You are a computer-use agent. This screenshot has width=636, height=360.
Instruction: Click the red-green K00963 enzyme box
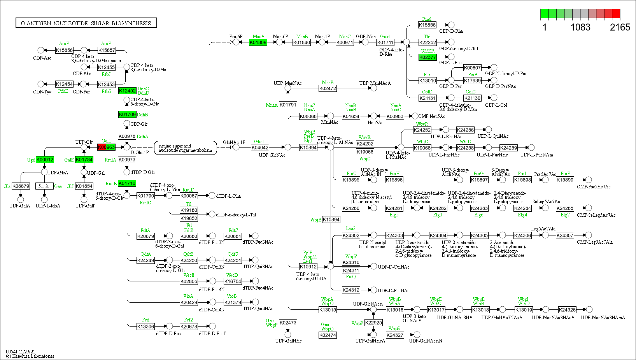click(106, 147)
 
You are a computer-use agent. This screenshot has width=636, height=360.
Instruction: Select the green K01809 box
click(258, 42)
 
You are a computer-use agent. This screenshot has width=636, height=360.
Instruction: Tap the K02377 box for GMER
click(428, 57)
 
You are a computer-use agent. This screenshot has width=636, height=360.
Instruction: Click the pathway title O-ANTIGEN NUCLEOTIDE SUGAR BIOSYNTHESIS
click(86, 23)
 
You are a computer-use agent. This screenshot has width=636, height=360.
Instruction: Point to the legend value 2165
click(620, 27)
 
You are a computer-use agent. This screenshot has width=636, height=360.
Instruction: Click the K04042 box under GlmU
click(260, 148)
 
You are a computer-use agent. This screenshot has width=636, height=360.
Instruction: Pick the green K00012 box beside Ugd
click(45, 160)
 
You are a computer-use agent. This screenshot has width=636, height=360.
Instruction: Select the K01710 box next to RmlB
click(127, 183)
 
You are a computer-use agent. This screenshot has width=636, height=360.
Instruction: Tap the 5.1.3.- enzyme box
click(44, 186)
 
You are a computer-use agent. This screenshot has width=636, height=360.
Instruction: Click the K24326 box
click(567, 310)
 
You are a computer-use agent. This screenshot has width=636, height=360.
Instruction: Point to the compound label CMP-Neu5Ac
click(432, 116)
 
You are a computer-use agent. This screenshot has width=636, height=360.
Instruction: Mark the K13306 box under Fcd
click(145, 327)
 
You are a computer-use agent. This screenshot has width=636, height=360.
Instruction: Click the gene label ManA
click(258, 37)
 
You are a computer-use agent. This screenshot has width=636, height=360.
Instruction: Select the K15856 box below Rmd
click(427, 25)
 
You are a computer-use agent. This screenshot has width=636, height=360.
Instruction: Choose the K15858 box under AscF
click(64, 50)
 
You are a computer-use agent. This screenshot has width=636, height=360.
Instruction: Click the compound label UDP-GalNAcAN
click(426, 341)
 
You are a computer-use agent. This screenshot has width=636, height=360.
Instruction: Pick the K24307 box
click(565, 235)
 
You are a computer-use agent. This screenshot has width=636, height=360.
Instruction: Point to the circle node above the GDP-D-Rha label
click(451, 25)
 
